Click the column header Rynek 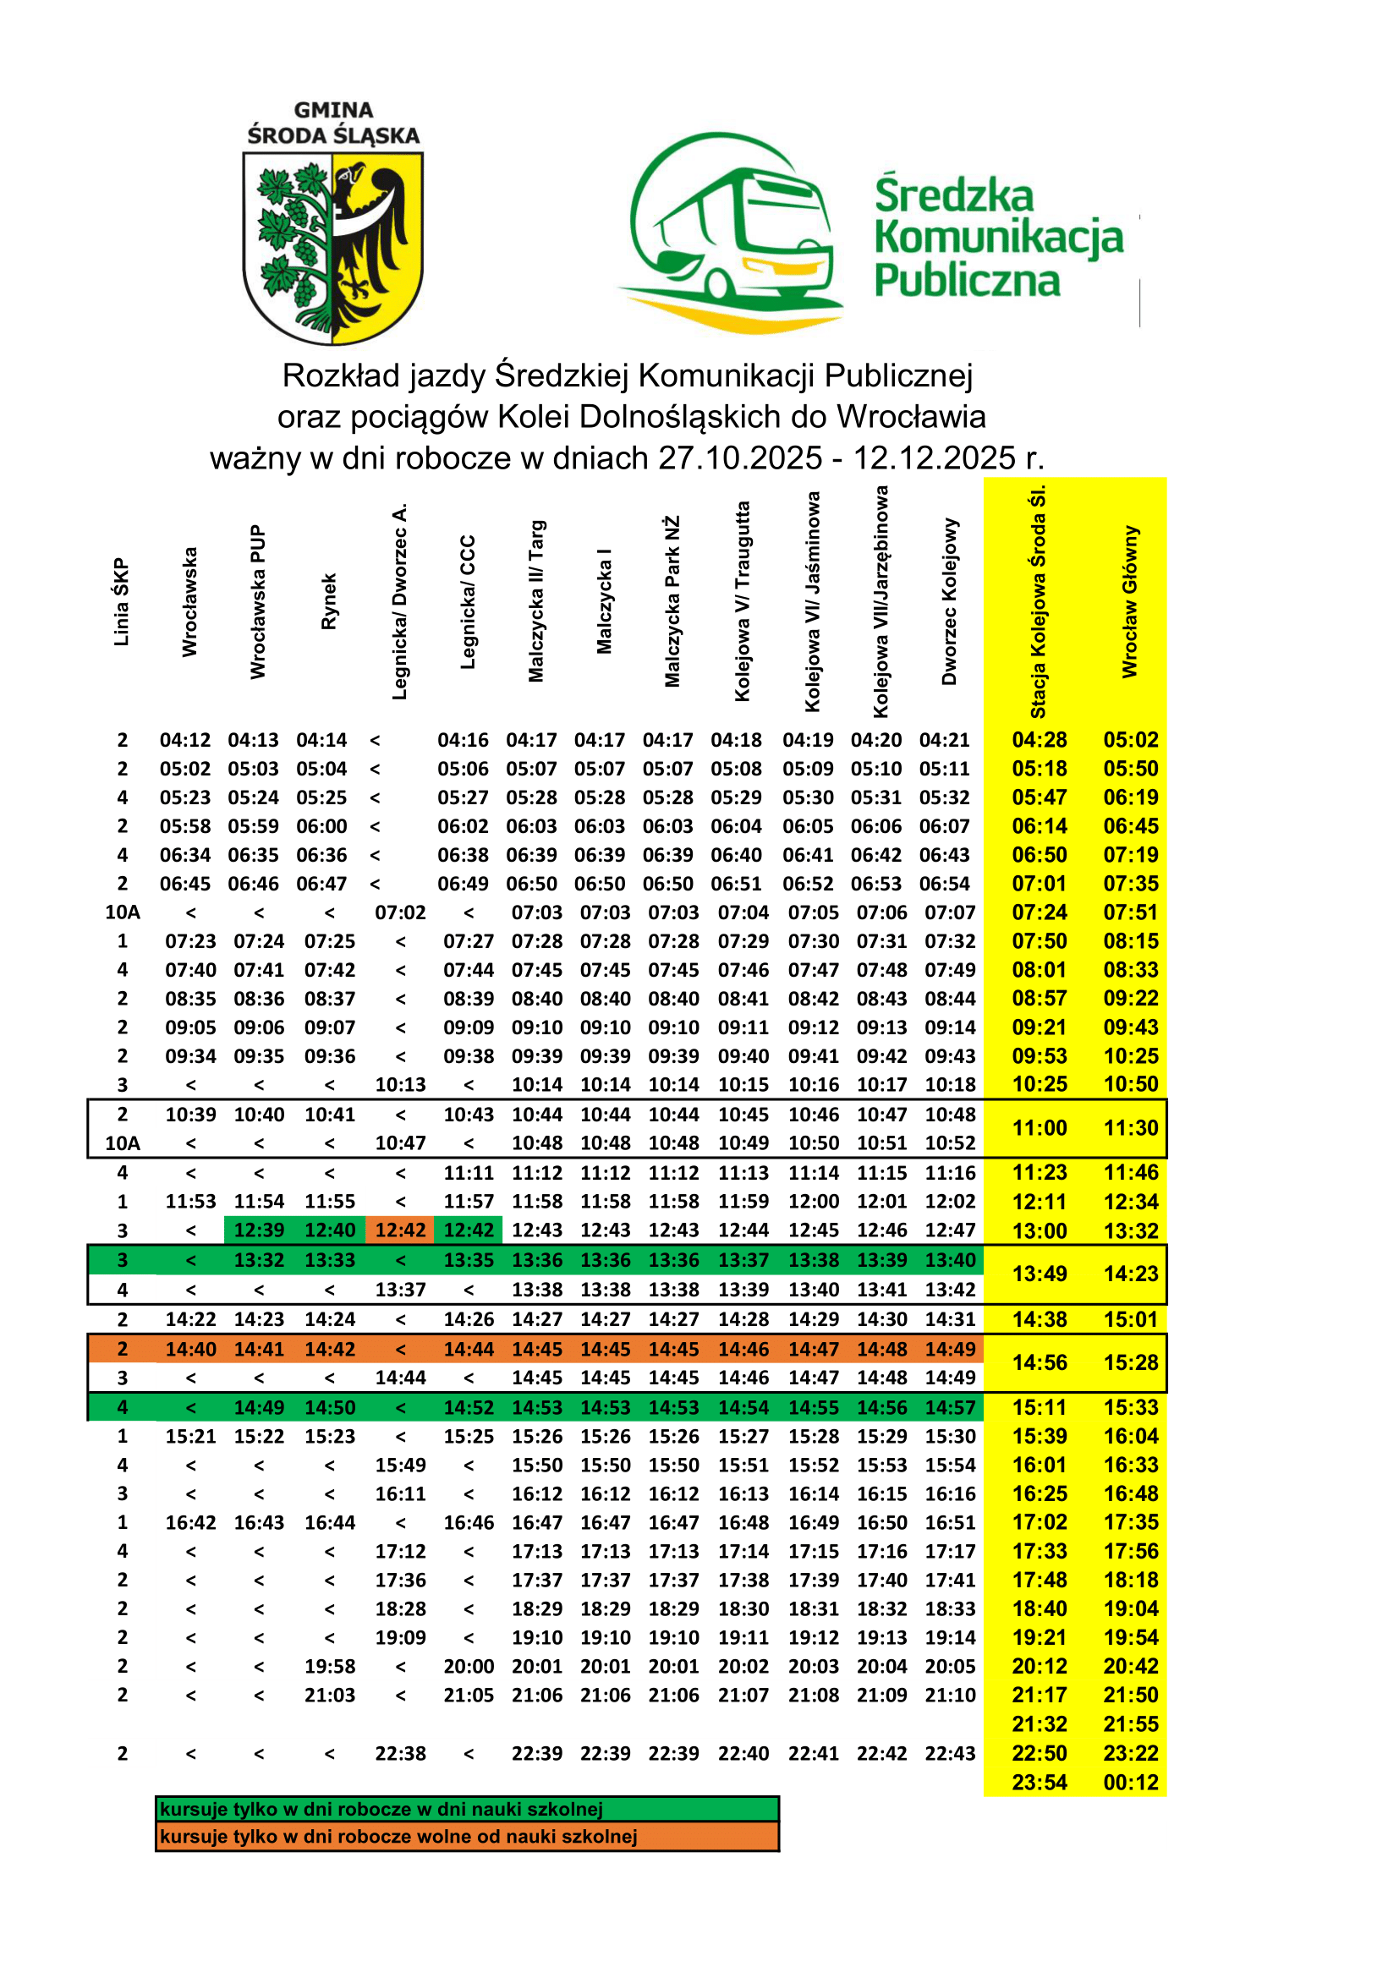click(329, 601)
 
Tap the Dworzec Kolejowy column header click(949, 601)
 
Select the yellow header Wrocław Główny click(1130, 601)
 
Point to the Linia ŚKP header click(122, 601)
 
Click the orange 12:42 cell click(401, 1230)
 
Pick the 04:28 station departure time click(1039, 740)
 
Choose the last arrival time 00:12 click(1130, 1783)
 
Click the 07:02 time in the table click(401, 912)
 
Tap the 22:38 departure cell click(401, 1753)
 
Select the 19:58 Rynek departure click(330, 1666)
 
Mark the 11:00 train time click(1039, 1129)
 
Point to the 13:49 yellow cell click(1039, 1274)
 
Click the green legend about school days click(467, 1809)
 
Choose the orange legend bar click(467, 1837)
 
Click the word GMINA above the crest click(333, 110)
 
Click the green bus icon click(732, 233)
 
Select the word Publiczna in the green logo click(967, 281)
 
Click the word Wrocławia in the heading click(912, 417)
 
